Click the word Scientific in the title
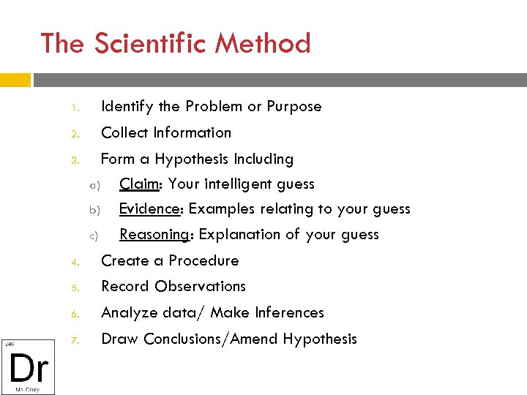[x=149, y=43]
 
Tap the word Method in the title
[x=262, y=43]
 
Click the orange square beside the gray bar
[x=15, y=79]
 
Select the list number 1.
[x=75, y=108]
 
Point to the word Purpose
[x=294, y=107]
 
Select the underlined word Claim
[x=140, y=184]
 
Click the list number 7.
[x=75, y=340]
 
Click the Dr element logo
[x=28, y=366]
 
